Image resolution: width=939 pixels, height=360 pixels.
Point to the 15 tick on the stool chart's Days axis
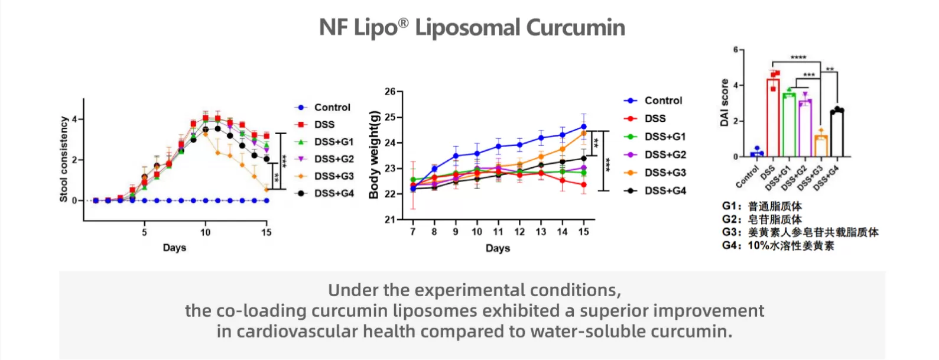267,232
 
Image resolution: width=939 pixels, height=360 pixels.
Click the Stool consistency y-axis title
64,159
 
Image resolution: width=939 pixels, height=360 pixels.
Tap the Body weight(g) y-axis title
373,154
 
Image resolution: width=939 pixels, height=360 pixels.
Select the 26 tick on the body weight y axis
390,92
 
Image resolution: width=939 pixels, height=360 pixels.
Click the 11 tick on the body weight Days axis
498,232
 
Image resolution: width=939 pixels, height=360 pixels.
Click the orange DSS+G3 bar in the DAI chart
821,146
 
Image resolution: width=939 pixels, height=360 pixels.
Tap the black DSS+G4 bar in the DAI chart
837,134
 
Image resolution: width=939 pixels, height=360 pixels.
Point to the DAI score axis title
724,102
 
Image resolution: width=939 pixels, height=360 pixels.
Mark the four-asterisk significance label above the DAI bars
798,57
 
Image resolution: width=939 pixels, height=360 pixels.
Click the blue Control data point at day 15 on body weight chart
584,127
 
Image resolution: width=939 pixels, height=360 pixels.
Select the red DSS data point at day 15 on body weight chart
584,185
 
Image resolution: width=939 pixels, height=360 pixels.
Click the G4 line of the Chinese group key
778,245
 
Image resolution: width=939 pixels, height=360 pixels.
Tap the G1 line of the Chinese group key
762,206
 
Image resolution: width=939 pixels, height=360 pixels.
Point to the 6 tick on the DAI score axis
736,50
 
